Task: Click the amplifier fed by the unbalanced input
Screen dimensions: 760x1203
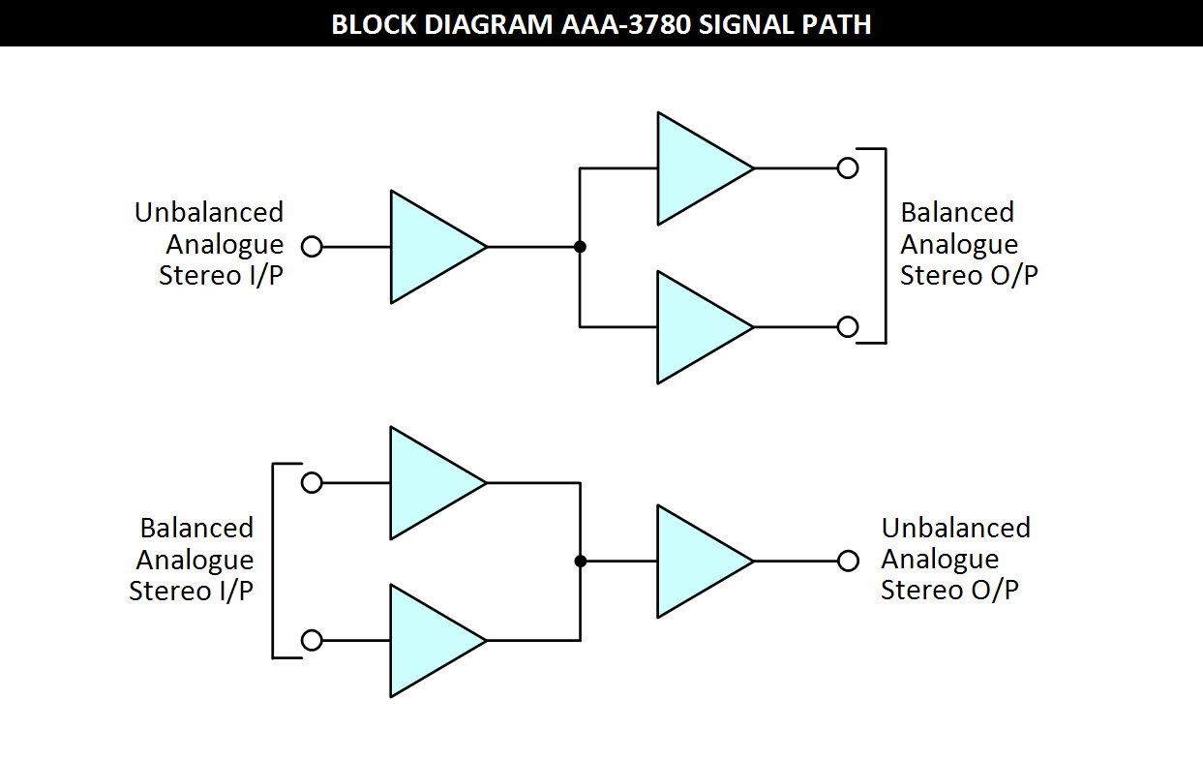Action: coord(431,247)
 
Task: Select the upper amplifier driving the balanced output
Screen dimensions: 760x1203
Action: coord(697,168)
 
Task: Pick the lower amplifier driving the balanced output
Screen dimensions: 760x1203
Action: coord(697,327)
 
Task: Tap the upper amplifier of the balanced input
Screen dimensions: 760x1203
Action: coord(431,483)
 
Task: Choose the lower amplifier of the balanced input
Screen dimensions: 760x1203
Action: coord(431,641)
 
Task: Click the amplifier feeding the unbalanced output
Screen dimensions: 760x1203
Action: coord(697,562)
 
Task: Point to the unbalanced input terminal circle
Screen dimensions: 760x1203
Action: coord(312,247)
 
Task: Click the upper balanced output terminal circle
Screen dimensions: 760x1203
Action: coord(848,168)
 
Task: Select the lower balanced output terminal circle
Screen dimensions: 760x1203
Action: coord(848,327)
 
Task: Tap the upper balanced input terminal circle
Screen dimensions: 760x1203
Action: coord(312,483)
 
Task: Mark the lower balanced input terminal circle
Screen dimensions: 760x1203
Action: coord(312,641)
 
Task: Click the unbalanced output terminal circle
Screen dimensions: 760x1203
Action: coord(849,562)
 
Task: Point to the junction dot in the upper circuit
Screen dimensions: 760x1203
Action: coord(580,247)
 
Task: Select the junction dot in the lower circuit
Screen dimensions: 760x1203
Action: coord(580,562)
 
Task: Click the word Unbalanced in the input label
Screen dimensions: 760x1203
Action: coord(209,212)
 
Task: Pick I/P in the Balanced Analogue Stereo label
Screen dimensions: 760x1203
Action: coord(229,591)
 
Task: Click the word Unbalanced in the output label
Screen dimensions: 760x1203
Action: coord(956,528)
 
